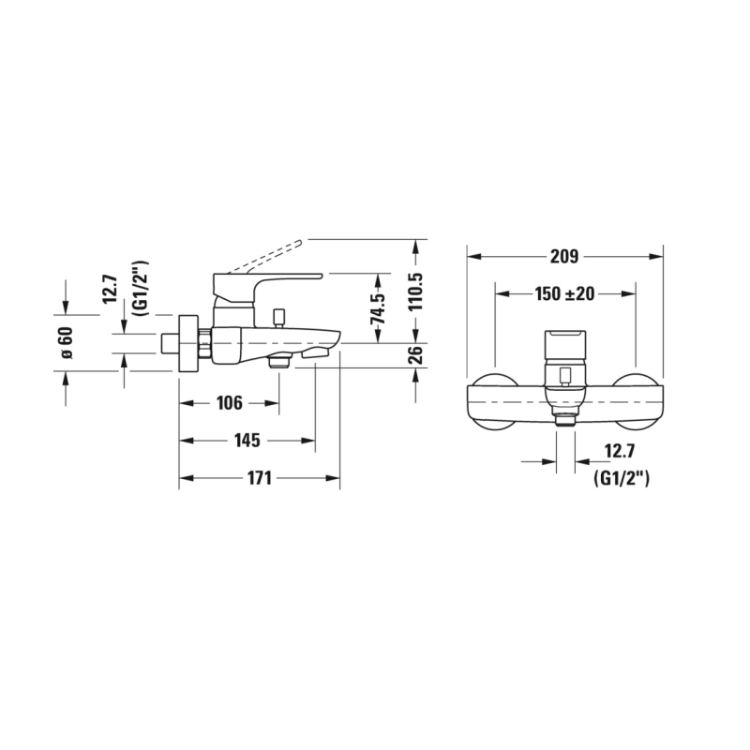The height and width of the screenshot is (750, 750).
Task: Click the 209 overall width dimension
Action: click(564, 257)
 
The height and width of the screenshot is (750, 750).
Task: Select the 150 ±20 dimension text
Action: click(564, 293)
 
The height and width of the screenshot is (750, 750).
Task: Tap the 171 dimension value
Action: click(260, 478)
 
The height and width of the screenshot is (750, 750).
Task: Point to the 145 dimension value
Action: click(247, 440)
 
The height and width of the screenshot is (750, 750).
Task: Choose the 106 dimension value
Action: click(230, 403)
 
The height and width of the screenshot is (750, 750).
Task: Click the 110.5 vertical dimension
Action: click(415, 292)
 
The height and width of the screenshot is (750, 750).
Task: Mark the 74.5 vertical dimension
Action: click(378, 308)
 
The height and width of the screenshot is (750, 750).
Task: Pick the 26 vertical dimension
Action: click(415, 355)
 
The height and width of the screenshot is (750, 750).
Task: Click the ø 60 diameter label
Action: click(66, 342)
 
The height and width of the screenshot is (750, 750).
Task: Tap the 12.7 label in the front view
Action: click(620, 451)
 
